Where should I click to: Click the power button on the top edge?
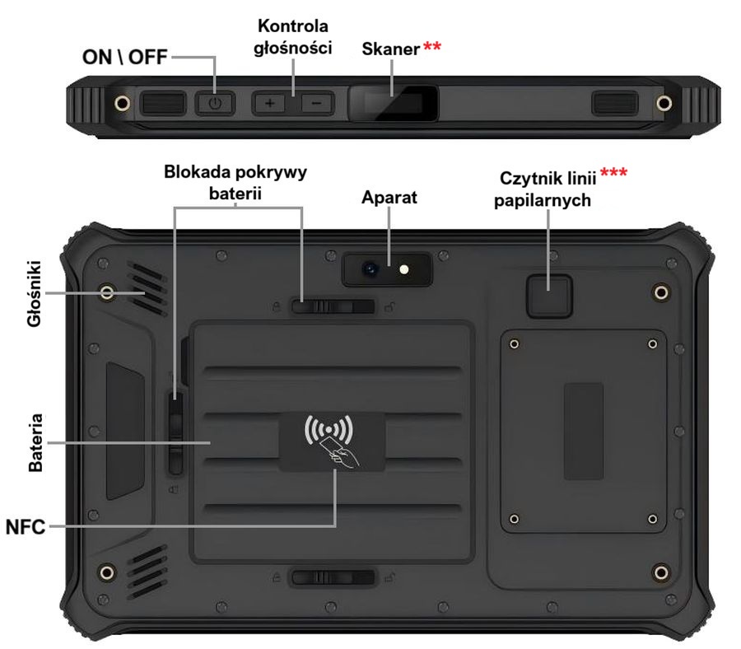[x=215, y=104]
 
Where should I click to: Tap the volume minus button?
[x=315, y=104]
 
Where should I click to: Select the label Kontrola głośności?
[x=293, y=36]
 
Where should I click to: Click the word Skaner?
[x=390, y=49]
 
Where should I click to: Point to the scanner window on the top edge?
[x=391, y=104]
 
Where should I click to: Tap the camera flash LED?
[x=403, y=268]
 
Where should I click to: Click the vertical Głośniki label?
[x=35, y=294]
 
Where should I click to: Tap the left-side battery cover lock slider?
[x=175, y=433]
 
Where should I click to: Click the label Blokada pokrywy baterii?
[x=237, y=183]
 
